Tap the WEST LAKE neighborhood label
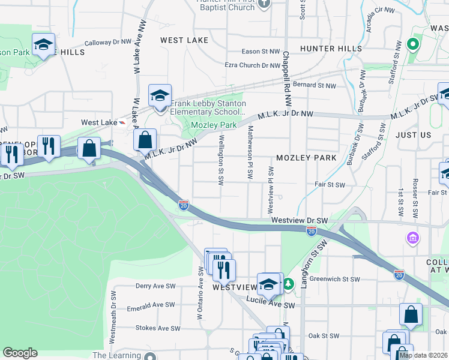[184, 40]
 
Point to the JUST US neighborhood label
[413, 136]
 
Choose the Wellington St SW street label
[221, 159]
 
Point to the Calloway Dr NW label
[107, 43]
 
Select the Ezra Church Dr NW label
[252, 65]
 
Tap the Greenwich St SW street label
[334, 279]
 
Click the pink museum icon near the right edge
[412, 239]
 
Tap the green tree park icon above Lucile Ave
[289, 283]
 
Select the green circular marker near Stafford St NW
[412, 44]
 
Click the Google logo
[20, 353]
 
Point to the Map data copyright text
[423, 355]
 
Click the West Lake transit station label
[99, 122]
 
